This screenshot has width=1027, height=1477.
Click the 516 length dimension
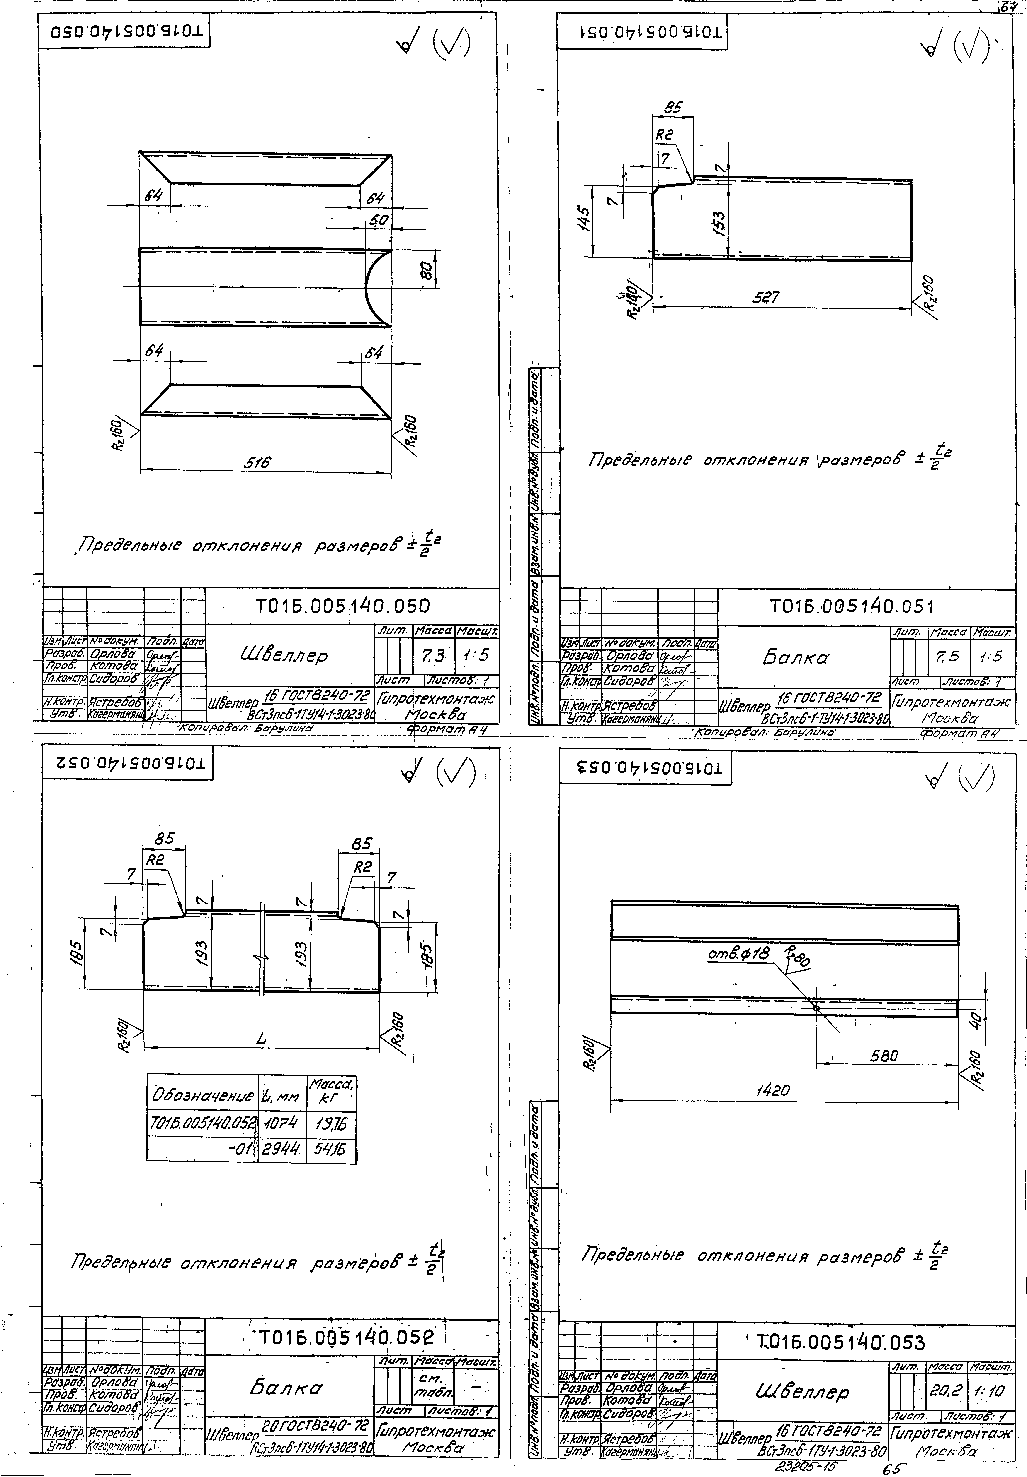pyautogui.click(x=257, y=462)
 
